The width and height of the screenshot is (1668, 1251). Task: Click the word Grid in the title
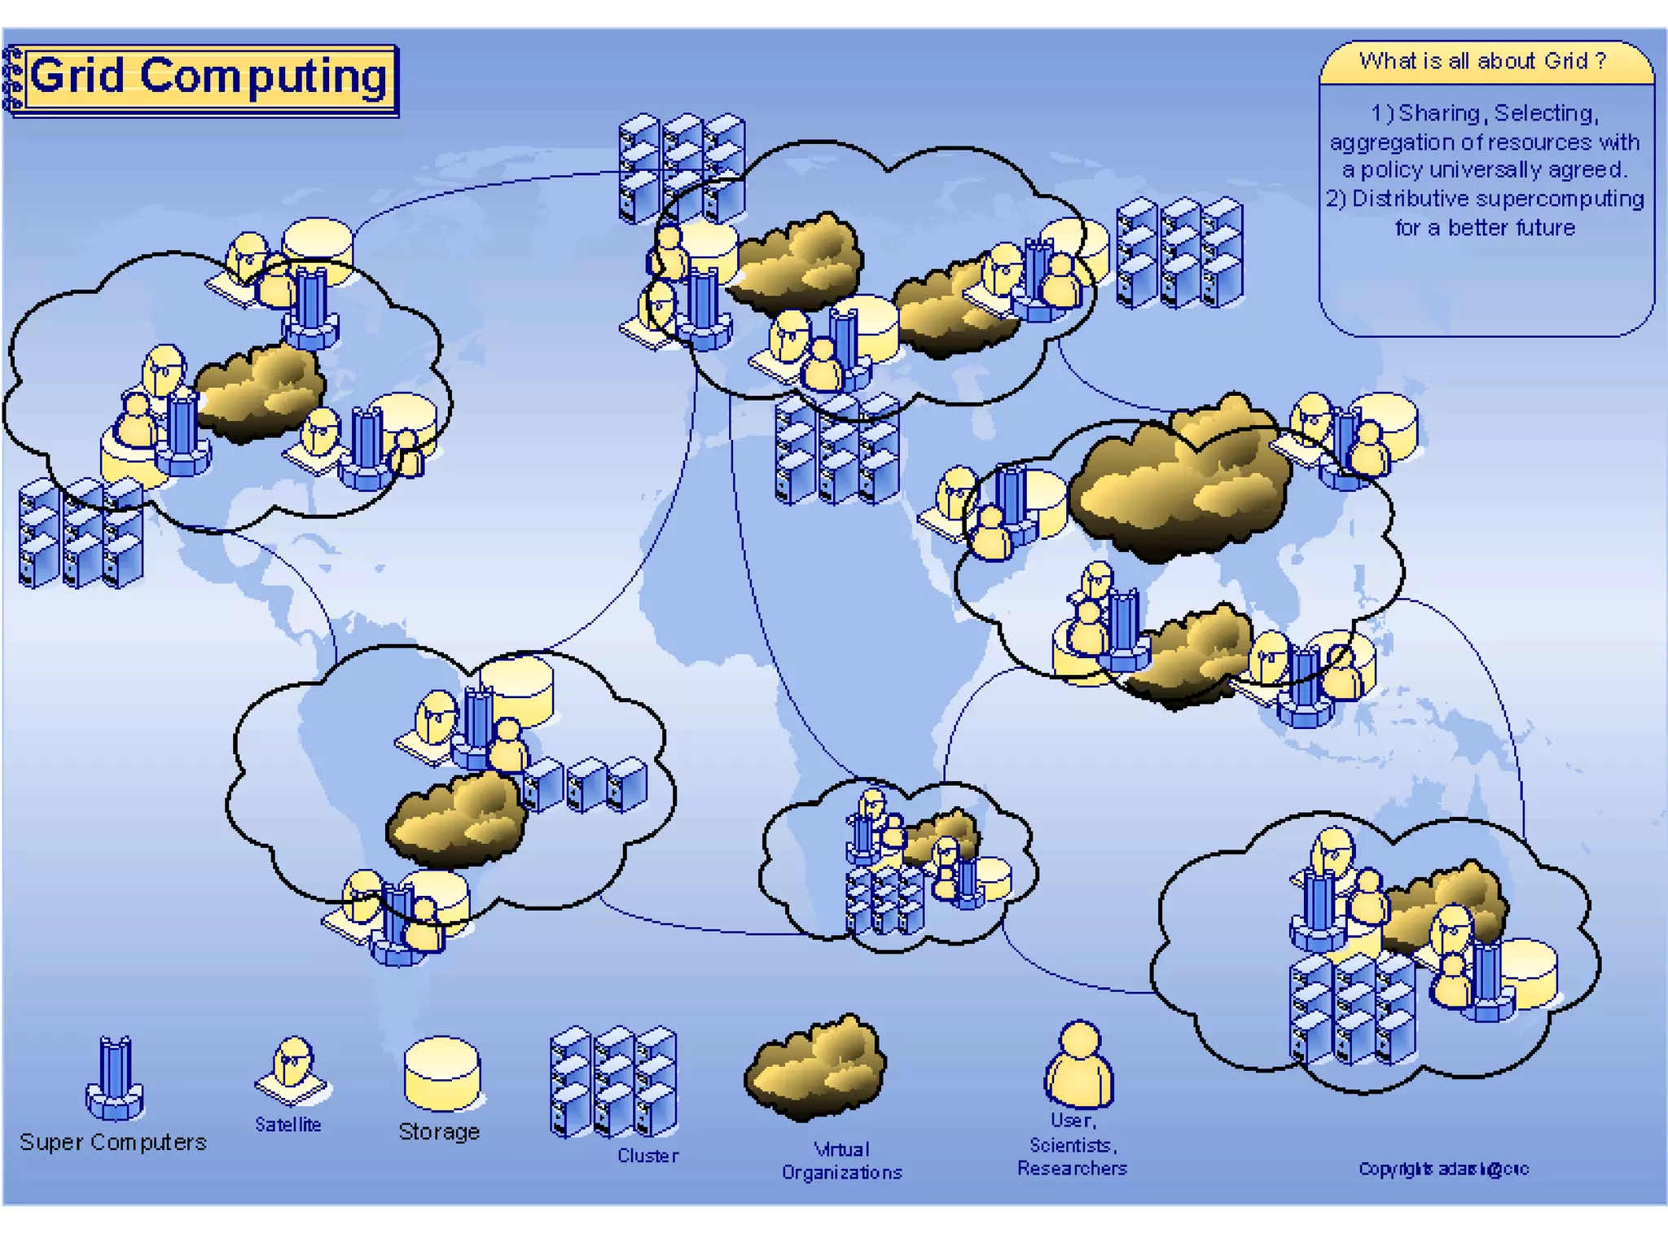coord(78,76)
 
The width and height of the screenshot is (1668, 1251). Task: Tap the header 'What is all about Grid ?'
coord(1482,61)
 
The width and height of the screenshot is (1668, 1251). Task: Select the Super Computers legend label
coord(113,1142)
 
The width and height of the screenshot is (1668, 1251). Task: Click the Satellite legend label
coord(288,1125)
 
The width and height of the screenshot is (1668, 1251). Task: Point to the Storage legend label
coord(439,1131)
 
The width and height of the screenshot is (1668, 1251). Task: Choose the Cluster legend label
coord(647,1156)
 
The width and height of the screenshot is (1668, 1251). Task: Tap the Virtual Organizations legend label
coord(842,1161)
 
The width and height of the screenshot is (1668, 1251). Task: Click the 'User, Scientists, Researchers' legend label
coord(1072,1145)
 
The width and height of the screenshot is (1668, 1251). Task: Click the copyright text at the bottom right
coord(1443,1169)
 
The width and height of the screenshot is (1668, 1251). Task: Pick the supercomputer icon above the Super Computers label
coord(115,1078)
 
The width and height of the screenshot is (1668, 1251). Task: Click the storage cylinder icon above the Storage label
coord(442,1073)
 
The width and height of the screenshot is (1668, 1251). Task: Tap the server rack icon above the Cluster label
coord(613,1082)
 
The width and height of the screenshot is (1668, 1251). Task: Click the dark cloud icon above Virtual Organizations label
coord(815,1067)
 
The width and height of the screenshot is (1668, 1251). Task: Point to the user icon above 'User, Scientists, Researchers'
coord(1079,1064)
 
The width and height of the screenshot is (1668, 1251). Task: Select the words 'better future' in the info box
coord(1512,228)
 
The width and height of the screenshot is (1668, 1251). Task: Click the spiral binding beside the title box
coord(12,79)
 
